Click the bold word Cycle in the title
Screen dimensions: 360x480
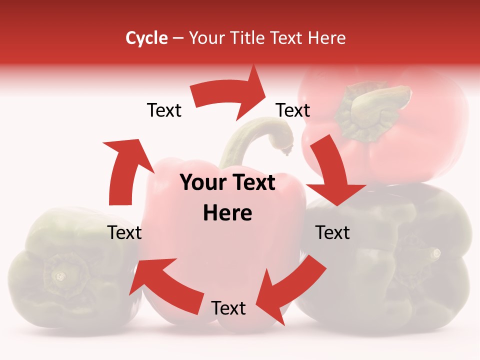[146, 38]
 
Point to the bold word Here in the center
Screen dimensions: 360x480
[227, 213]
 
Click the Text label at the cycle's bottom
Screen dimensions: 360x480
[228, 308]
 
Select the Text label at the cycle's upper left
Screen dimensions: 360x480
[164, 110]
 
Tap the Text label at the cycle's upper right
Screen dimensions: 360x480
[293, 110]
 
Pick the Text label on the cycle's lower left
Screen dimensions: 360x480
[124, 232]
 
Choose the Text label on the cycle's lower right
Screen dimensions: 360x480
[333, 232]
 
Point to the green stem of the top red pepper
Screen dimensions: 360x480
[375, 105]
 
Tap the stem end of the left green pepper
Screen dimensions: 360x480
[60, 275]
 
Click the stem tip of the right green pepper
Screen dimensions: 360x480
[436, 253]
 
